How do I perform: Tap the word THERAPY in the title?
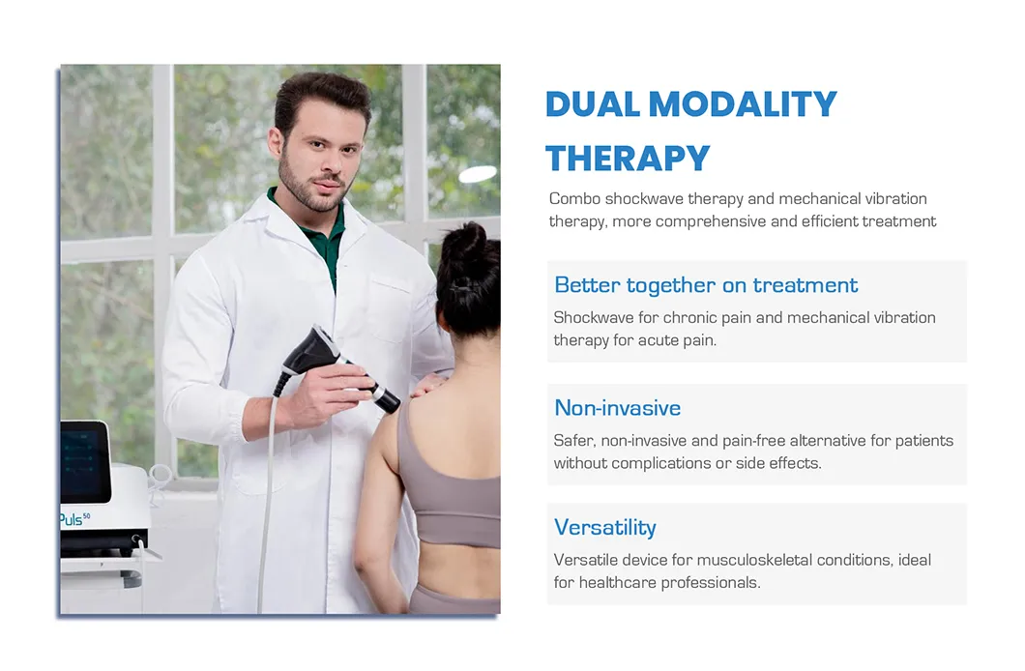tap(628, 158)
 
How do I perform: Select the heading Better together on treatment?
tap(706, 285)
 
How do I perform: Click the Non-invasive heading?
tap(617, 408)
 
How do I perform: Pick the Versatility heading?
tap(604, 527)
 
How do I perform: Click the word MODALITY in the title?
tap(743, 104)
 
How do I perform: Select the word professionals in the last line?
tap(709, 583)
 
